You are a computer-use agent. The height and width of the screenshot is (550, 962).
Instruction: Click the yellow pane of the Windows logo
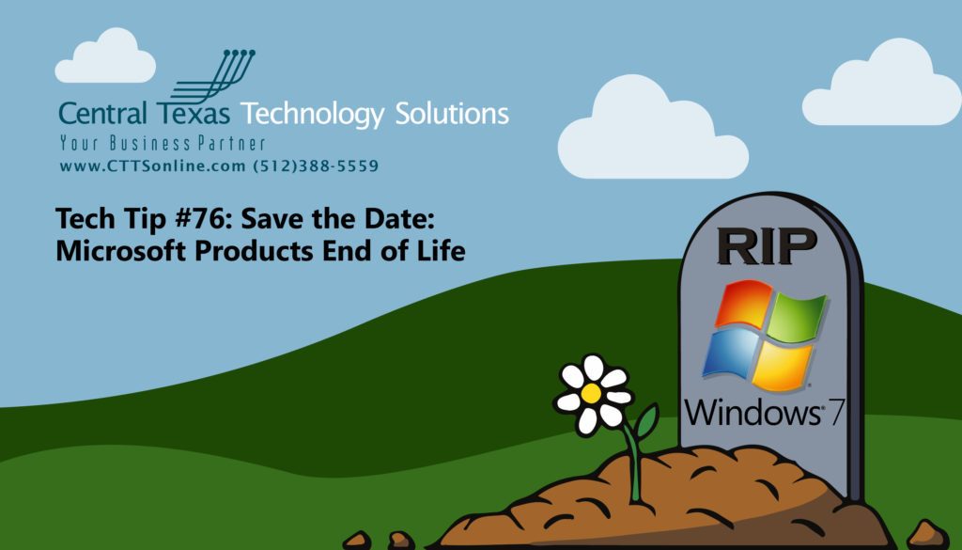[784, 368]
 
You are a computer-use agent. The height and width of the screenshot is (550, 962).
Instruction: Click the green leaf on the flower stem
[646, 423]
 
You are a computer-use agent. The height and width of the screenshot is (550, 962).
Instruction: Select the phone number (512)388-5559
[316, 166]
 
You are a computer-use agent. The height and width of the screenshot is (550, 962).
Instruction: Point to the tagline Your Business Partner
[162, 144]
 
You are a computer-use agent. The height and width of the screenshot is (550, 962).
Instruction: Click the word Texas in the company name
[194, 115]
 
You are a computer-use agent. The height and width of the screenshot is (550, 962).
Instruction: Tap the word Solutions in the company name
[451, 115]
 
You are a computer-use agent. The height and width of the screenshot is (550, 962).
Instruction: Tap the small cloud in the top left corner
[105, 57]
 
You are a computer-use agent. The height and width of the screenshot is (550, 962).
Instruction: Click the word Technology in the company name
[313, 115]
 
